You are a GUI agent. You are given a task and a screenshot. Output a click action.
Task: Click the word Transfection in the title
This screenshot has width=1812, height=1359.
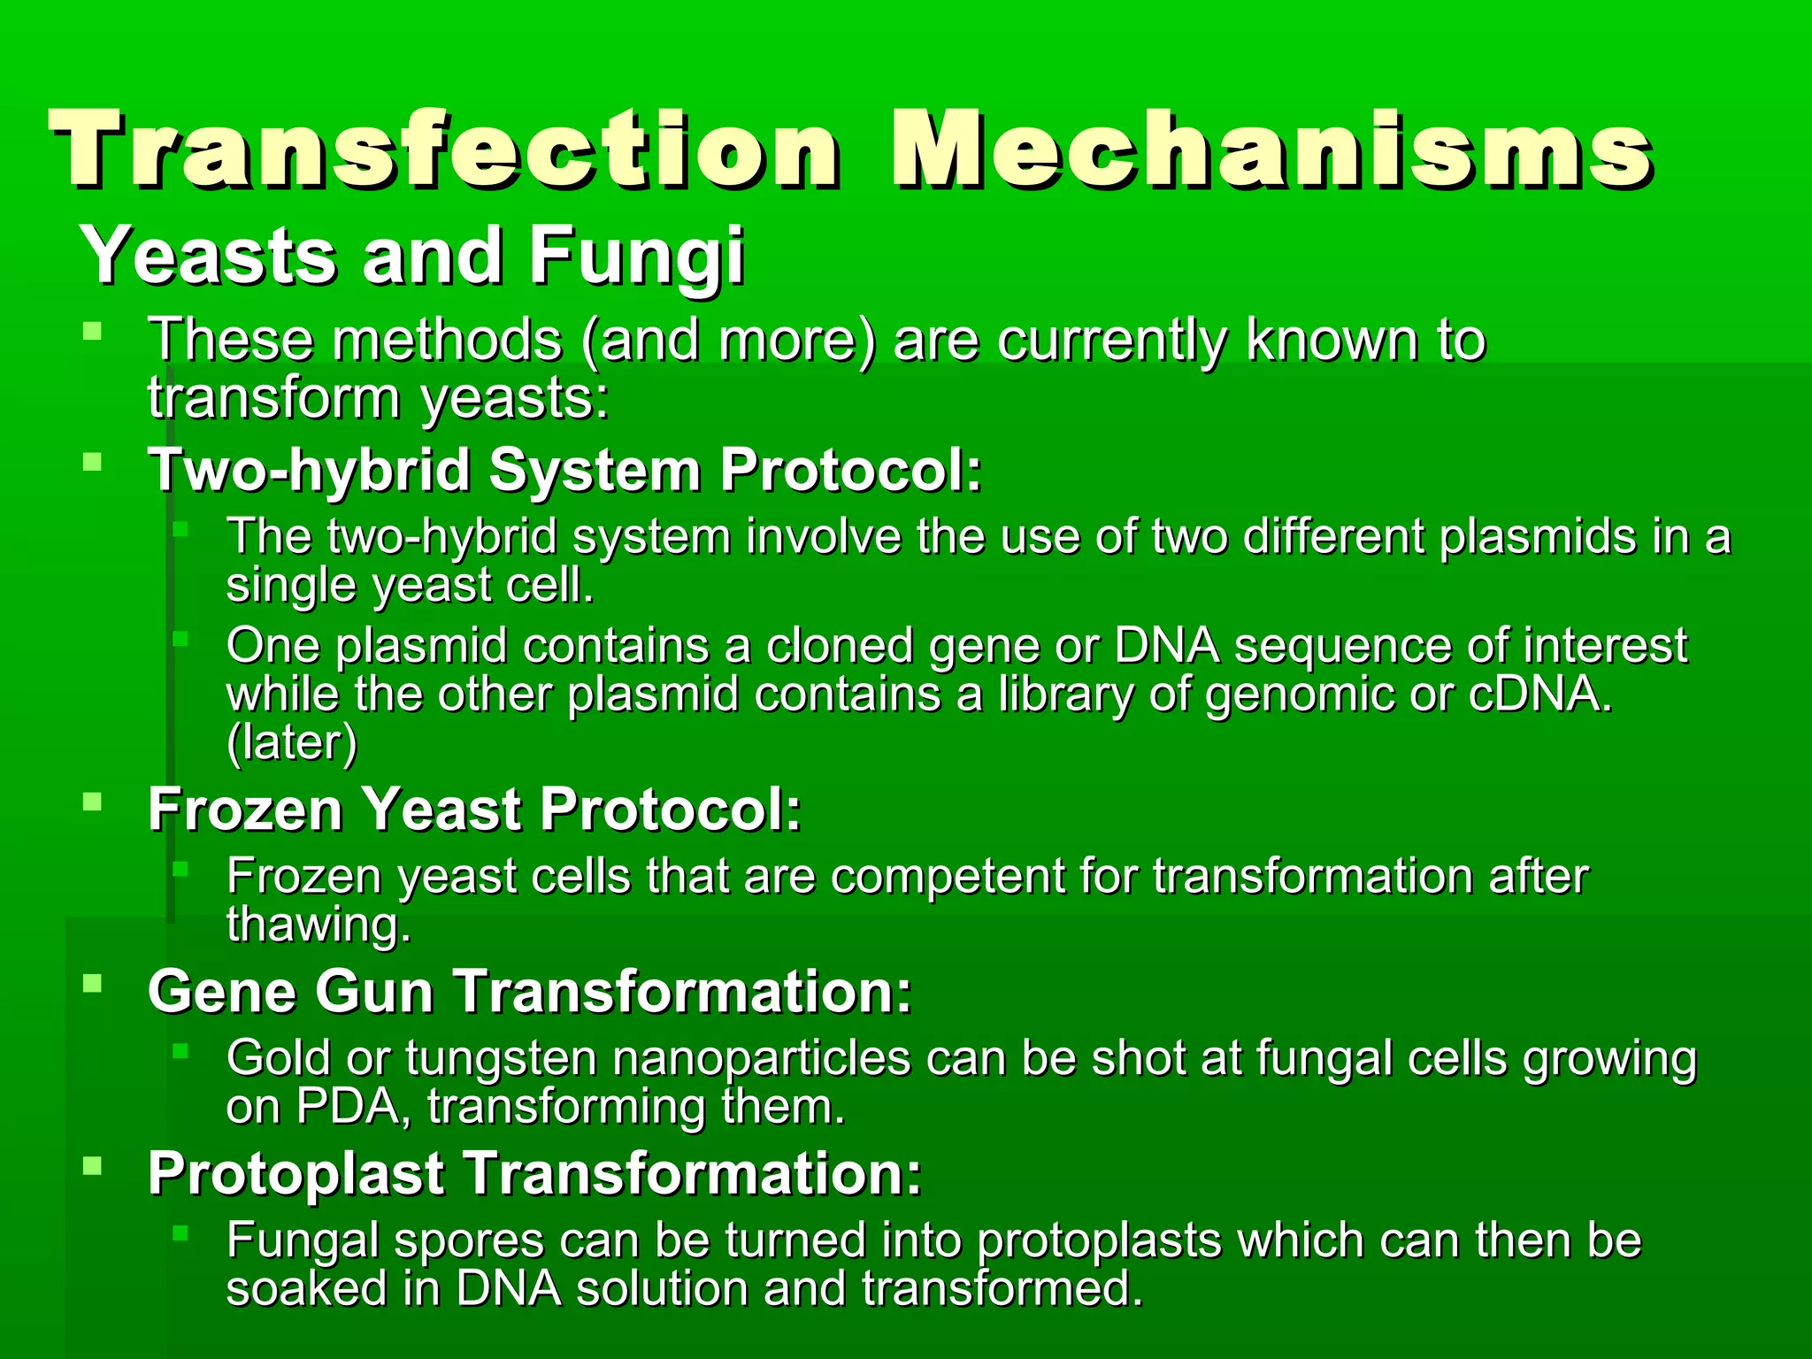click(442, 148)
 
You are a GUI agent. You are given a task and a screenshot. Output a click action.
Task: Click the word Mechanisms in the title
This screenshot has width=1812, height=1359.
click(1270, 148)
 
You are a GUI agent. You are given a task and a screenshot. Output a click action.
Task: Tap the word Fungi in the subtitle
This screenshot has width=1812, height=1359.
click(636, 257)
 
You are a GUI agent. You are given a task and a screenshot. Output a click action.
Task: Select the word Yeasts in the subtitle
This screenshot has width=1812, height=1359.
click(209, 257)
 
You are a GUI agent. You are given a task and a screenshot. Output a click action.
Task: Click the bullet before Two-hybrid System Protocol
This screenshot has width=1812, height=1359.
click(92, 461)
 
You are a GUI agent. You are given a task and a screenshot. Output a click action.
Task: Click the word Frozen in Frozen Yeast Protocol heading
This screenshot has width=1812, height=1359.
click(245, 809)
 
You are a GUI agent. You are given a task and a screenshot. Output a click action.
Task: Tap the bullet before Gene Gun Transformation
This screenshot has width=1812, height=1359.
click(92, 982)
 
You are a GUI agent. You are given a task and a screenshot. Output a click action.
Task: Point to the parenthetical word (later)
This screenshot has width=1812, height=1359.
click(292, 742)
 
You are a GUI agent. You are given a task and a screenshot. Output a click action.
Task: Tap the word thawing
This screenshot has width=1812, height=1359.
click(319, 925)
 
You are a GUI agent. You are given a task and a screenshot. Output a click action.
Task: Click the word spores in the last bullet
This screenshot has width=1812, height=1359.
click(468, 1241)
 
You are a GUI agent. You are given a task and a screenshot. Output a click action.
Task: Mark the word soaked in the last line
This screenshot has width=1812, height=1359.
click(306, 1288)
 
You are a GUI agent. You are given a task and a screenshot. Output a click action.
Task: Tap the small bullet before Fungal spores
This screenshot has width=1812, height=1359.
click(180, 1232)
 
